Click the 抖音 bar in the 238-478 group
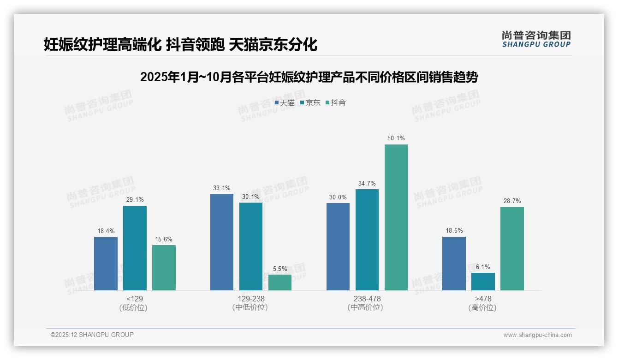tap(396, 217)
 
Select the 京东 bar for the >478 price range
tap(483, 281)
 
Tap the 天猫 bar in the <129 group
tap(106, 263)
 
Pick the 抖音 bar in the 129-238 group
tap(280, 282)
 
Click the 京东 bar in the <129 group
tap(135, 248)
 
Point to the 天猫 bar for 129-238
tap(222, 242)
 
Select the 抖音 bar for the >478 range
tap(512, 248)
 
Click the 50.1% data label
tap(396, 138)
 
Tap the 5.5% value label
tap(280, 269)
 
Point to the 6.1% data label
tap(483, 267)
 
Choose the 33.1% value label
tap(222, 188)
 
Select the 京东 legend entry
tap(310, 103)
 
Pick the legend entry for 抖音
tap(336, 103)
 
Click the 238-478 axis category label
tap(367, 299)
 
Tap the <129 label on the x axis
tap(134, 299)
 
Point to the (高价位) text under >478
tap(482, 308)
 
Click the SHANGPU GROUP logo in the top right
tap(536, 39)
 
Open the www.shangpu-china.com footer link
tap(537, 335)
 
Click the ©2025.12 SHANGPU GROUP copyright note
tap(92, 335)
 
